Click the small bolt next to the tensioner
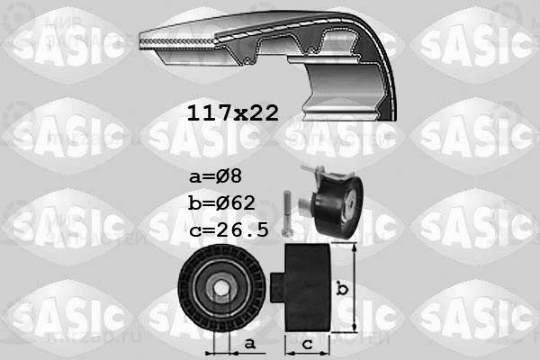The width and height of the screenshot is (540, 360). (x=287, y=214)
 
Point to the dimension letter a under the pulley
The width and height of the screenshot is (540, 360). (x=249, y=343)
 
